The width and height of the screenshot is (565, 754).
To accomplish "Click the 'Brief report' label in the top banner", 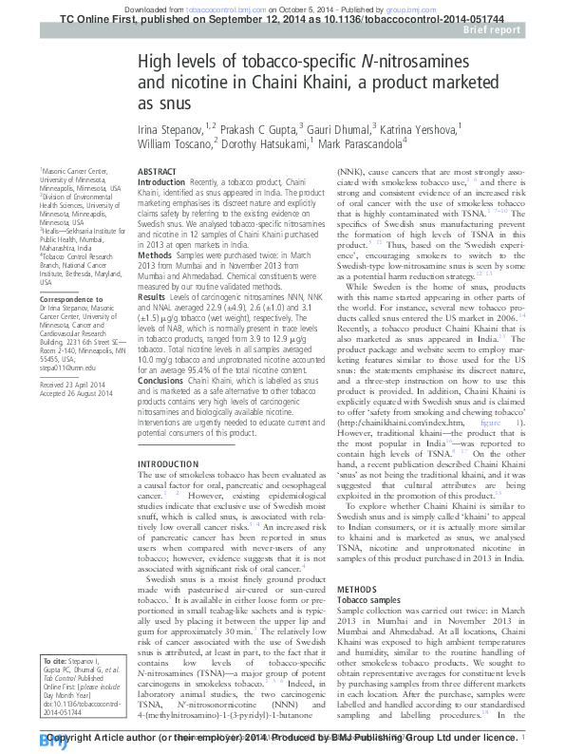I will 519,30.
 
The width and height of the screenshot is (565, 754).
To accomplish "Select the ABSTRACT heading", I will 158,172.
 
